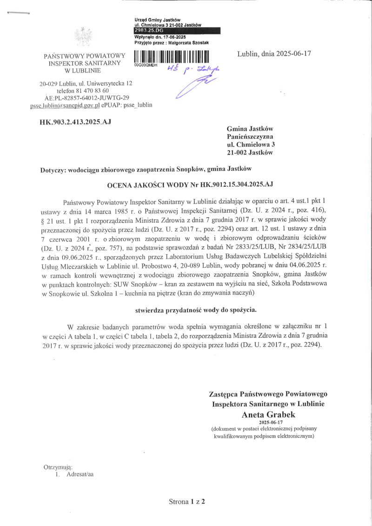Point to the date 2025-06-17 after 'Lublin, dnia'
[292, 53]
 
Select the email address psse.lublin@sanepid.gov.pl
[65, 105]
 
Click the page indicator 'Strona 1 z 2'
[186, 502]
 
